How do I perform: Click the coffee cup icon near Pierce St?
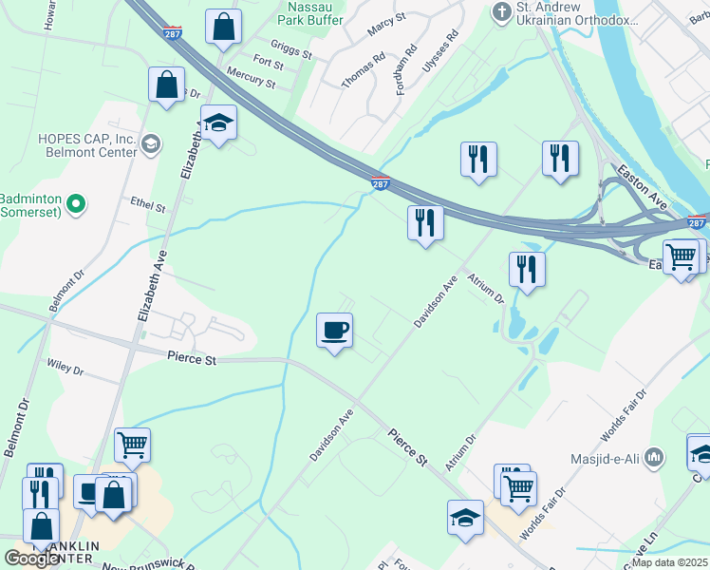(334, 331)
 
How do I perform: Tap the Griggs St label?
(290, 49)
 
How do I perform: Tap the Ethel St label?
(149, 206)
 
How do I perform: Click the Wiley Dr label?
(65, 368)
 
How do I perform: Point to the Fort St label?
(268, 63)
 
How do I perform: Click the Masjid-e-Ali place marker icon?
(653, 459)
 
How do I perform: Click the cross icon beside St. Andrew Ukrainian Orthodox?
(501, 12)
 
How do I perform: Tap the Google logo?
(32, 559)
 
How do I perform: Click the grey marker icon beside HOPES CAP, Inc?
(149, 144)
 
